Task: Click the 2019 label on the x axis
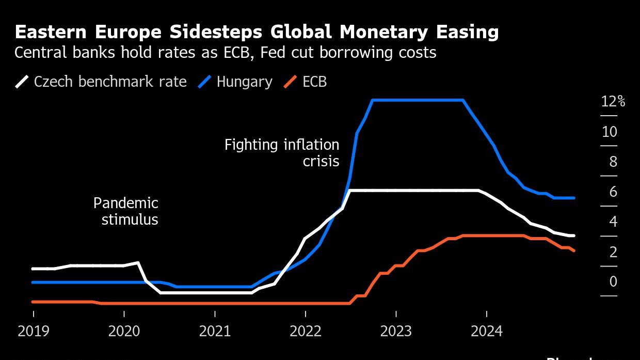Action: tap(34, 331)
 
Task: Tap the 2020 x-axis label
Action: tap(124, 331)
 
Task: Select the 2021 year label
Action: tap(215, 331)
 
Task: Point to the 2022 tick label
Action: tap(306, 331)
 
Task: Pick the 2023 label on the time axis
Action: tap(396, 331)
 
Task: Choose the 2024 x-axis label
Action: tap(487, 331)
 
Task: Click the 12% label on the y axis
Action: tap(613, 102)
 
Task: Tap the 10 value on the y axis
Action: tap(609, 132)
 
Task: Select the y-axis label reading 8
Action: tap(613, 162)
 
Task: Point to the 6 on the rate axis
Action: tap(613, 192)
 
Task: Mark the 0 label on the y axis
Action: tap(613, 281)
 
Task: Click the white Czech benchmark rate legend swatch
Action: tap(22, 82)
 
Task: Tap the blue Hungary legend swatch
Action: tap(204, 82)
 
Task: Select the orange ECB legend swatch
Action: tap(291, 82)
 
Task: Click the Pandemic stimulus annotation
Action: tap(126, 211)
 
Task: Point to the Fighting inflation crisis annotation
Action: tap(282, 153)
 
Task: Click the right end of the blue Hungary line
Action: tap(574, 198)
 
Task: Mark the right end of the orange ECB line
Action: tap(574, 251)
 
